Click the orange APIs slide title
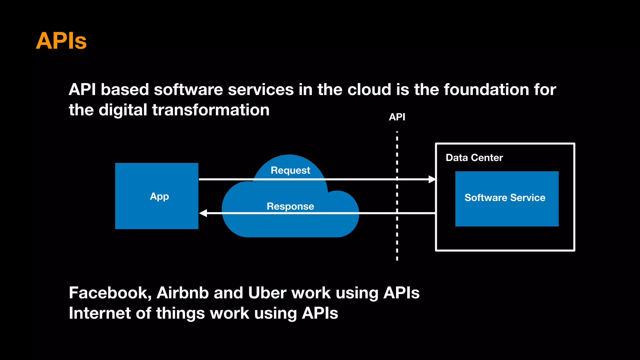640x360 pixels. click(61, 41)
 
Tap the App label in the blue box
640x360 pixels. click(159, 197)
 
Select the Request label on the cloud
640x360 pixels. click(290, 170)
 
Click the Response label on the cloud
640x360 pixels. click(290, 206)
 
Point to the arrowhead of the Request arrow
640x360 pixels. click(432, 179)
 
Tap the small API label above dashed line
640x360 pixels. click(397, 117)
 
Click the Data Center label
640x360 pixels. click(474, 157)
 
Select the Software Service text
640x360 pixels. click(505, 197)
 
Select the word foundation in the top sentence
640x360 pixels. click(486, 90)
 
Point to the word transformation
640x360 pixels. click(211, 110)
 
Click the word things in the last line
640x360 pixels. click(180, 313)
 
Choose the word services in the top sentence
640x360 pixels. click(261, 90)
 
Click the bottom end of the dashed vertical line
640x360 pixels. click(397, 258)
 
